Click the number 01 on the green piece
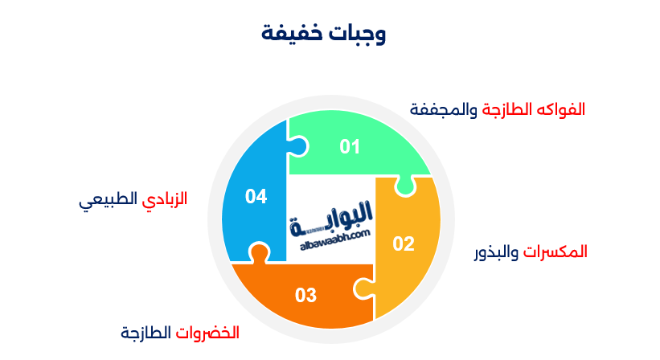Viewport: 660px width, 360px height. click(x=350, y=147)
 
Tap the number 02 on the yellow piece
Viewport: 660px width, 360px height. click(x=403, y=243)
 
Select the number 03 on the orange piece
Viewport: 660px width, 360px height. click(x=305, y=295)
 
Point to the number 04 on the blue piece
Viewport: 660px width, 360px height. click(x=256, y=196)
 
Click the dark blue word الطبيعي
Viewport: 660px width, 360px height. click(x=109, y=199)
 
